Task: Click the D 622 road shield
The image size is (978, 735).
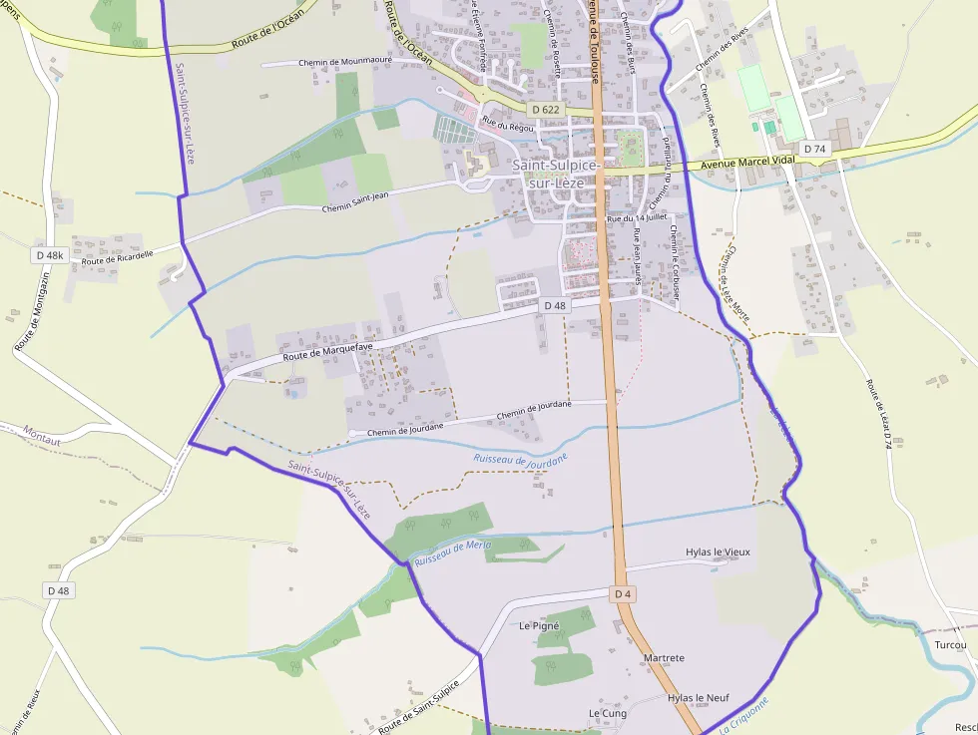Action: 546,109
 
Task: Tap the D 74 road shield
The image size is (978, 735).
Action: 815,149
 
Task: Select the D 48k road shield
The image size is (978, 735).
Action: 49,255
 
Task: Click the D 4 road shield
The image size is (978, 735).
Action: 624,594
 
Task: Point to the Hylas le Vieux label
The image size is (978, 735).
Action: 718,551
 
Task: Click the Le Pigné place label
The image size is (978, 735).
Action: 540,626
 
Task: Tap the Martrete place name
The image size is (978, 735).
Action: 665,658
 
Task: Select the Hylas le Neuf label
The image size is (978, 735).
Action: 699,698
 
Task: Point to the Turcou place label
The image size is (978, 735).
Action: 952,645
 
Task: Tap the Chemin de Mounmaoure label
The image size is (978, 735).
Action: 345,62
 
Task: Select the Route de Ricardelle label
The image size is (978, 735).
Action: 118,257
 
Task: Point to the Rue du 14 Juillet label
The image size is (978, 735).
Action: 637,217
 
